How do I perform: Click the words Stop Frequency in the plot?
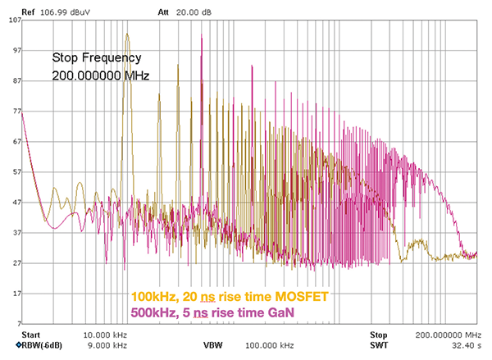coord(97,58)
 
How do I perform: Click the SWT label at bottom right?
coord(378,345)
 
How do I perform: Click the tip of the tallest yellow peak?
coord(127,34)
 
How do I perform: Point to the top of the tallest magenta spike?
coord(201,36)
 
